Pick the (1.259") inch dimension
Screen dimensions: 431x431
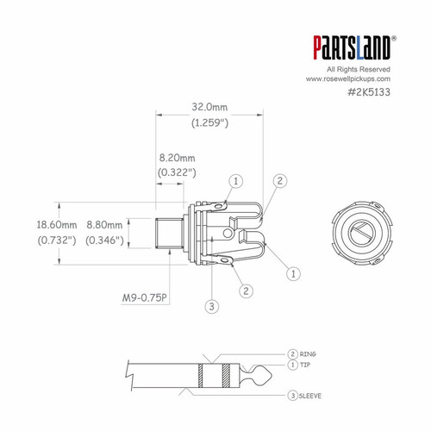[x=209, y=123]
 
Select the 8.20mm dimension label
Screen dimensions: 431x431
[x=177, y=159]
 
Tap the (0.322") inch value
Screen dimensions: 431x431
[x=177, y=172]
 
